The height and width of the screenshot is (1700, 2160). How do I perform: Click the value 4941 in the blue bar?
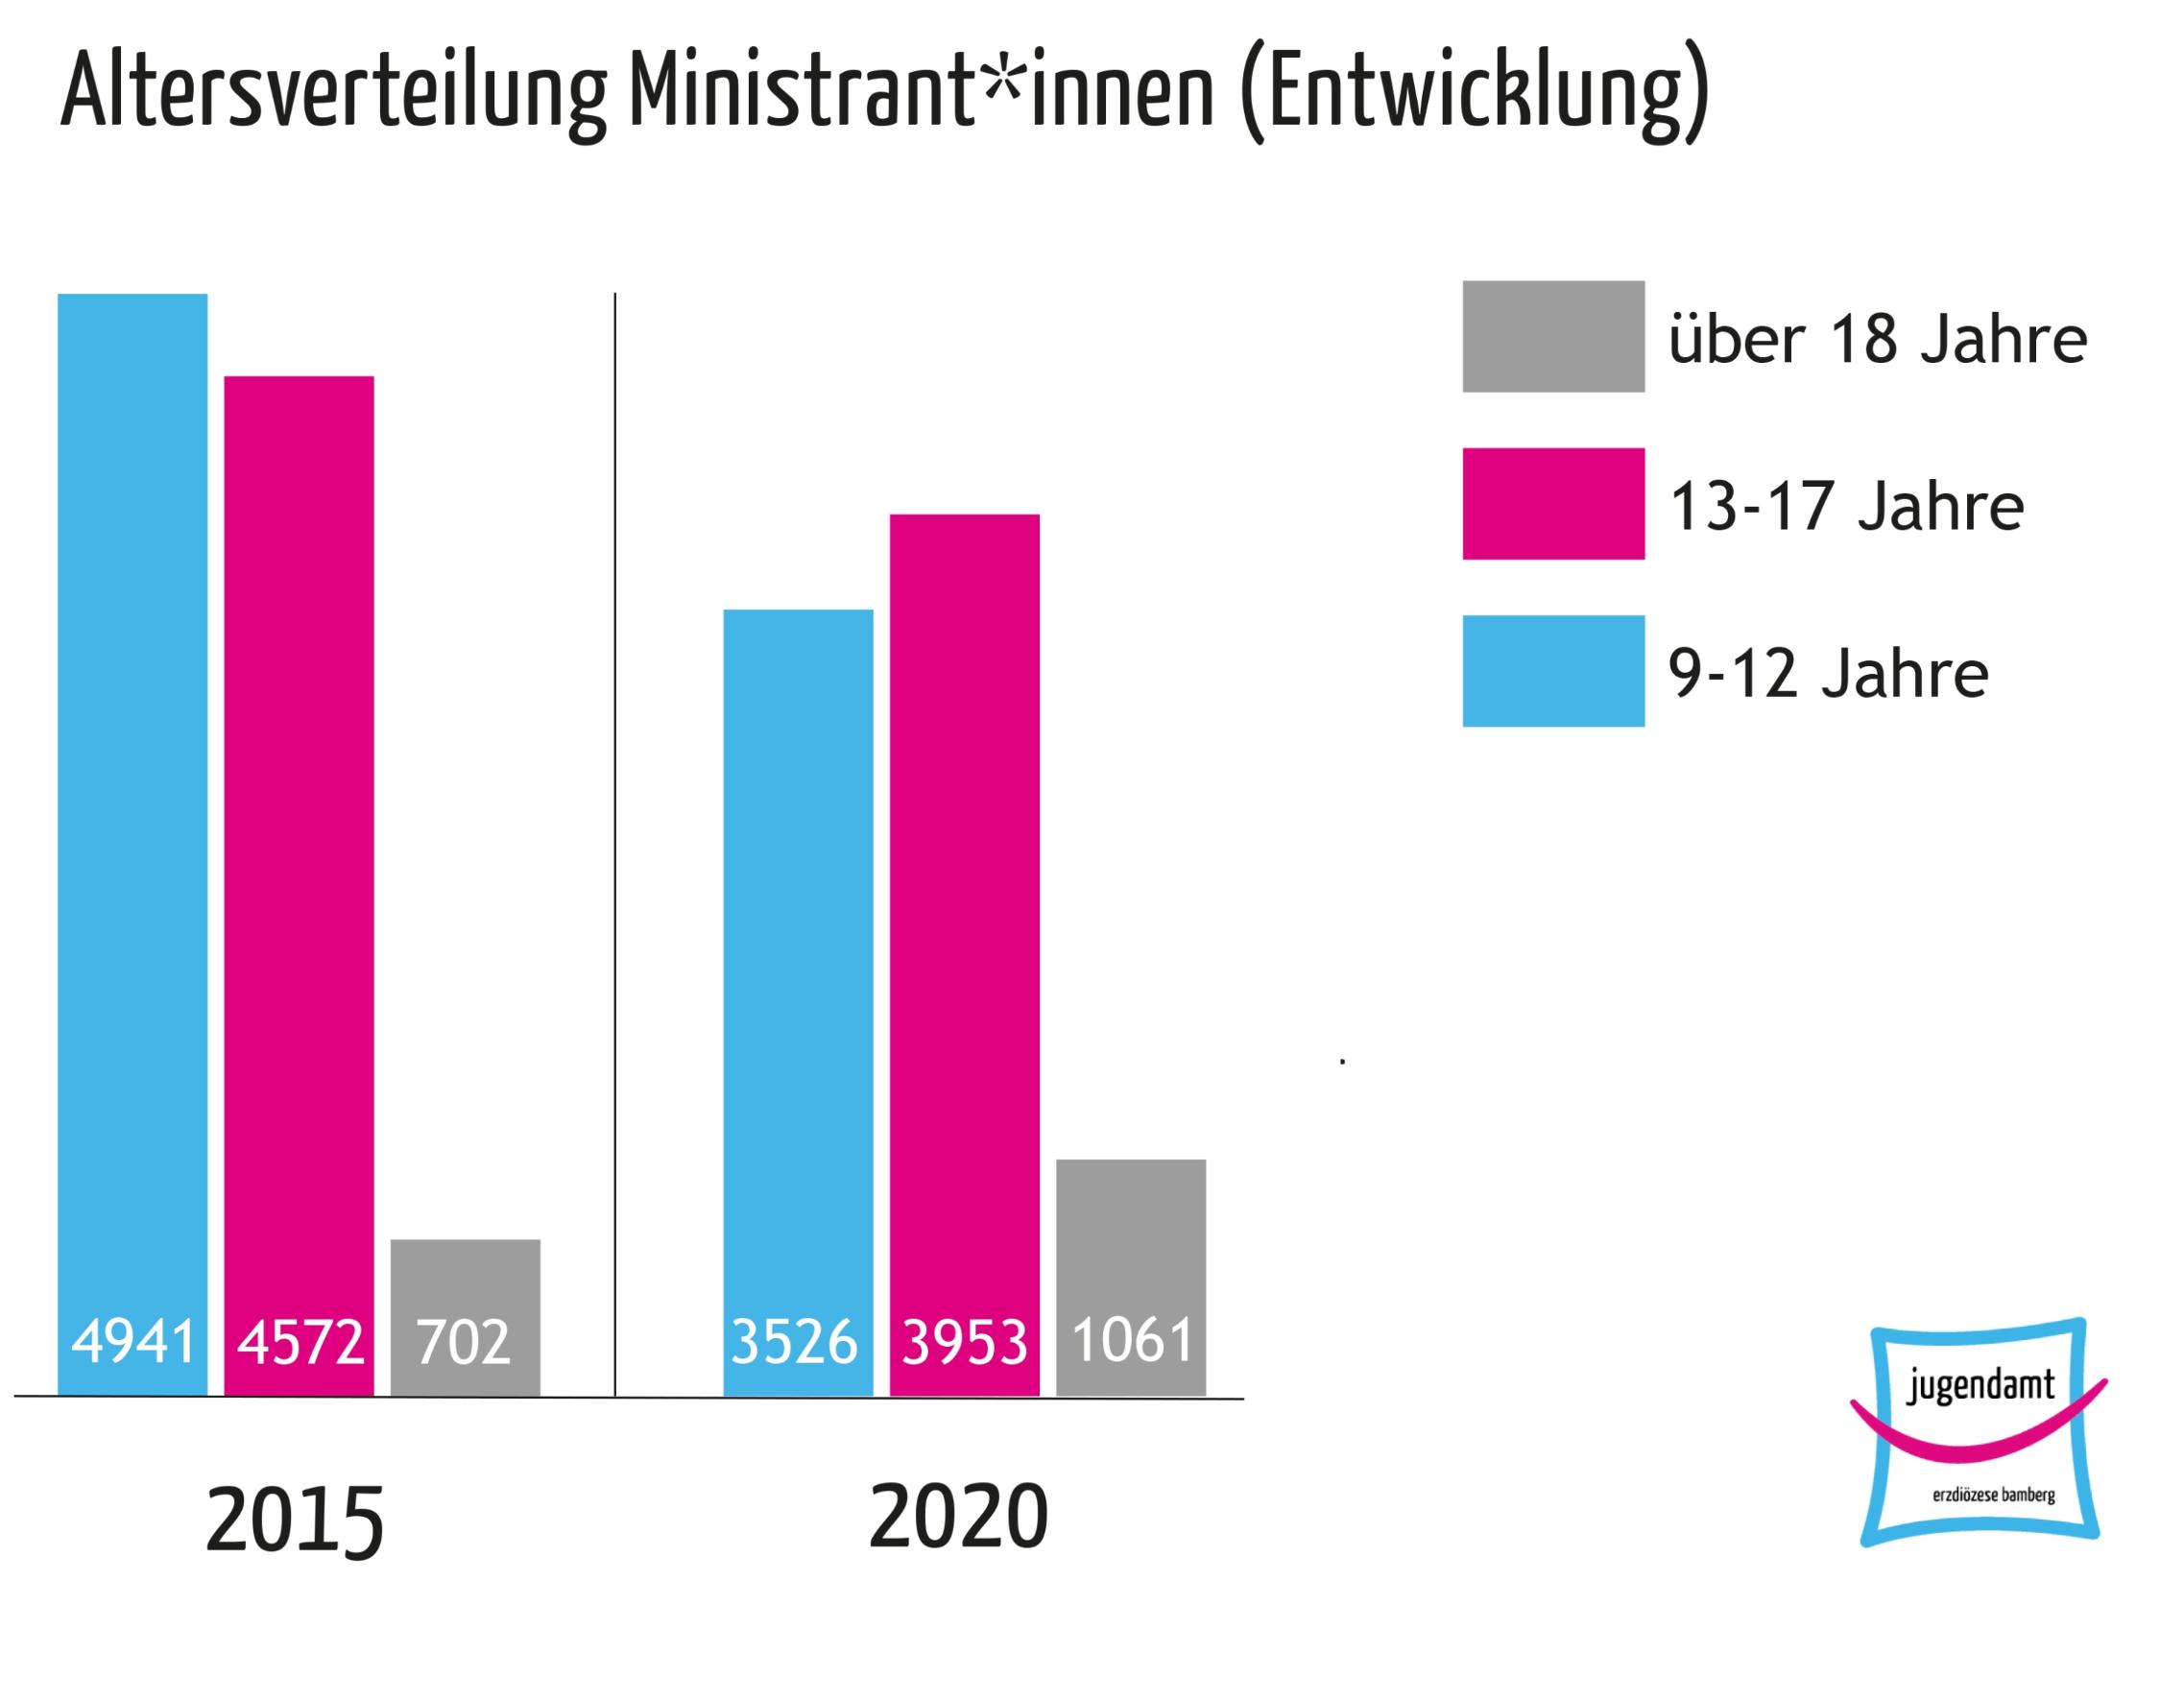[x=133, y=1342]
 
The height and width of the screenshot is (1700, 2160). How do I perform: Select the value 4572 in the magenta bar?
[x=300, y=1342]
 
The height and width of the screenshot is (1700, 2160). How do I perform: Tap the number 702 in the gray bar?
[x=464, y=1342]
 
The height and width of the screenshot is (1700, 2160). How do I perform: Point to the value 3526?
[x=794, y=1342]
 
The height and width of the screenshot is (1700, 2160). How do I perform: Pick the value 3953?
[x=965, y=1342]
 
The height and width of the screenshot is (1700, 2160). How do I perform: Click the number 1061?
[x=1132, y=1340]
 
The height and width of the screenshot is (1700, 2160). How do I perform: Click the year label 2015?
[x=295, y=1521]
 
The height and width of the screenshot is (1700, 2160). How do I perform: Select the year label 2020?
[x=959, y=1517]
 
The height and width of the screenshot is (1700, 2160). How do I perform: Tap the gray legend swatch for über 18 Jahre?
[x=1553, y=336]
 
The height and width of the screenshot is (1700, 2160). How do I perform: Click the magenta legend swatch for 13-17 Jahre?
[x=1553, y=504]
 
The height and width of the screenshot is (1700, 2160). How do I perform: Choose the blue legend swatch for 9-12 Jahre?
[x=1553, y=671]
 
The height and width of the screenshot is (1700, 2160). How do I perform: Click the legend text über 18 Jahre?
[x=1878, y=340]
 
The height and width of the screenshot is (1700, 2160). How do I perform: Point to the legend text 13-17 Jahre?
[x=1846, y=507]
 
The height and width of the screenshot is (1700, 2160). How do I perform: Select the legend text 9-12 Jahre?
[x=1829, y=674]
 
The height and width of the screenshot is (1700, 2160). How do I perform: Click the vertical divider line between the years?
[x=615, y=846]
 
